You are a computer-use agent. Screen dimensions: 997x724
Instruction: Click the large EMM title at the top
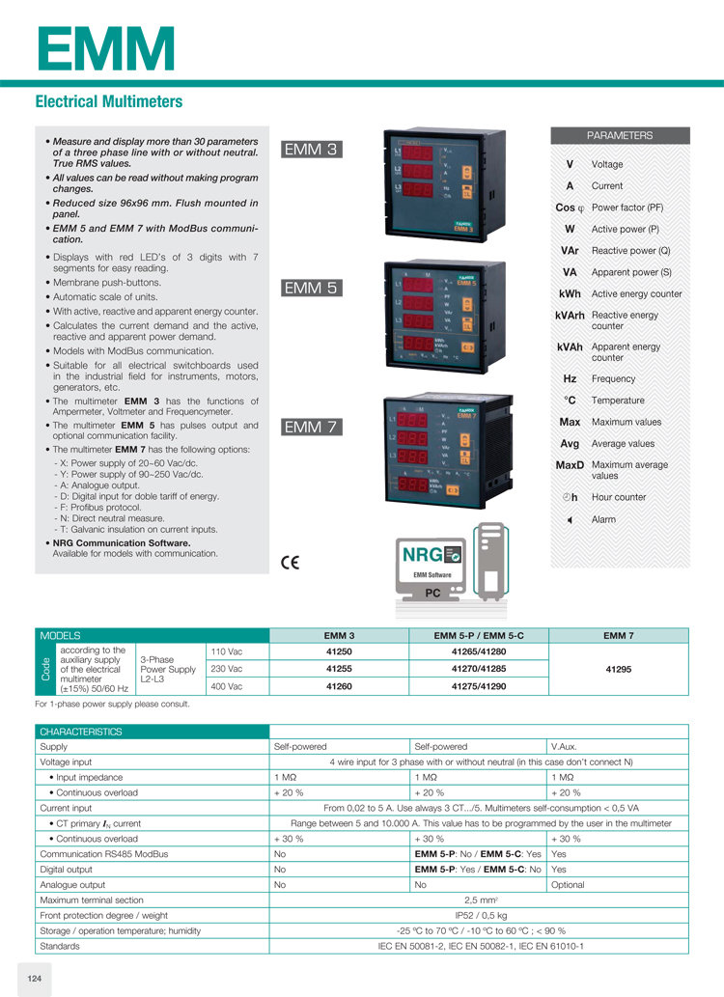coord(106,47)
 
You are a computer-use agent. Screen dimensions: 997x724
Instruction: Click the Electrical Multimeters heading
coord(109,101)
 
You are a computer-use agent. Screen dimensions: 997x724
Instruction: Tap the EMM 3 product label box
coord(311,149)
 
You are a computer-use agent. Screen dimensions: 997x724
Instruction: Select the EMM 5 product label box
coord(311,288)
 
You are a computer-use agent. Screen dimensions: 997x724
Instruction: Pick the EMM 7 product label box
coord(311,427)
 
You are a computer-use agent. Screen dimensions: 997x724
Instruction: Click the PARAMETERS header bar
coord(620,135)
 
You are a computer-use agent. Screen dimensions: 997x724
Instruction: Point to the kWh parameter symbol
coord(570,293)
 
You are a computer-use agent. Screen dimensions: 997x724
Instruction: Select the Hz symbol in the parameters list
coord(570,378)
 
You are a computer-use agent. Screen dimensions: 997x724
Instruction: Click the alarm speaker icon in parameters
coord(570,520)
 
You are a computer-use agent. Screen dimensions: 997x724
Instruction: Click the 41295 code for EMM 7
coord(619,668)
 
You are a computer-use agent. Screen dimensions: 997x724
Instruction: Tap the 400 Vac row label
coord(226,685)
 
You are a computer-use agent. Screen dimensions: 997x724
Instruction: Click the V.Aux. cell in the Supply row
coord(564,746)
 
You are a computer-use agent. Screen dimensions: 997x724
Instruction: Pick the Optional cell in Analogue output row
coord(570,884)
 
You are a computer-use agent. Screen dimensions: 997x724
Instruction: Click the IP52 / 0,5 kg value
coord(479,915)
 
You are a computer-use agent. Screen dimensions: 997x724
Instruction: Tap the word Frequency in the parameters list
coord(613,378)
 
